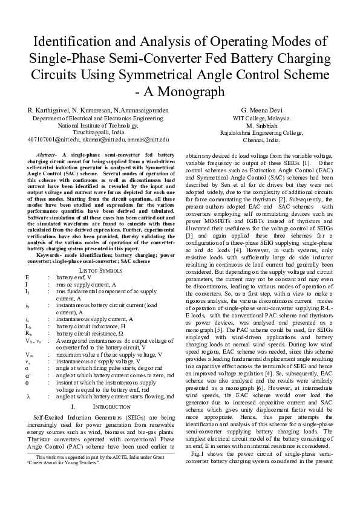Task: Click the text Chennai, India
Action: tap(262, 140)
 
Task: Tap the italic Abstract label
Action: tap(47, 155)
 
